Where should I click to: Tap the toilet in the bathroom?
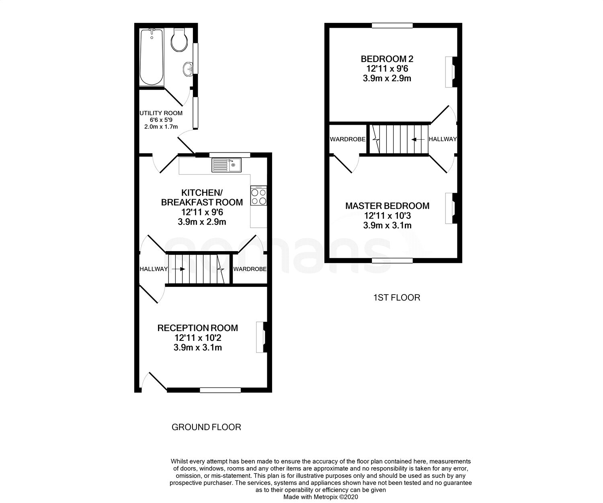click(x=178, y=40)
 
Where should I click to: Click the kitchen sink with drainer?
click(x=226, y=165)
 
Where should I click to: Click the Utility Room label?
click(x=161, y=113)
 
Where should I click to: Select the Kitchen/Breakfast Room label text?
click(x=202, y=197)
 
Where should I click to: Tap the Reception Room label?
click(x=197, y=328)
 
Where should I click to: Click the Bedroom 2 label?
click(x=387, y=59)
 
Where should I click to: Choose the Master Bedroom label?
click(x=387, y=206)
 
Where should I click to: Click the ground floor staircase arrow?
click(x=179, y=269)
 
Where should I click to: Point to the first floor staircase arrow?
click(x=418, y=139)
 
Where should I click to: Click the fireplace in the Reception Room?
click(x=261, y=337)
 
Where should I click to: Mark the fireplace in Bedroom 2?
click(x=450, y=72)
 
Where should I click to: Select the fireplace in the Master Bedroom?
click(x=450, y=208)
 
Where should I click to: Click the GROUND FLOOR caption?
click(x=206, y=427)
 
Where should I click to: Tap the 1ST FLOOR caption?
click(x=396, y=297)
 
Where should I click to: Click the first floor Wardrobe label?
click(x=348, y=139)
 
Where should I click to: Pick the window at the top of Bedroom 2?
click(x=392, y=26)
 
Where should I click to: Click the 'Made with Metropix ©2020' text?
click(x=320, y=497)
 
